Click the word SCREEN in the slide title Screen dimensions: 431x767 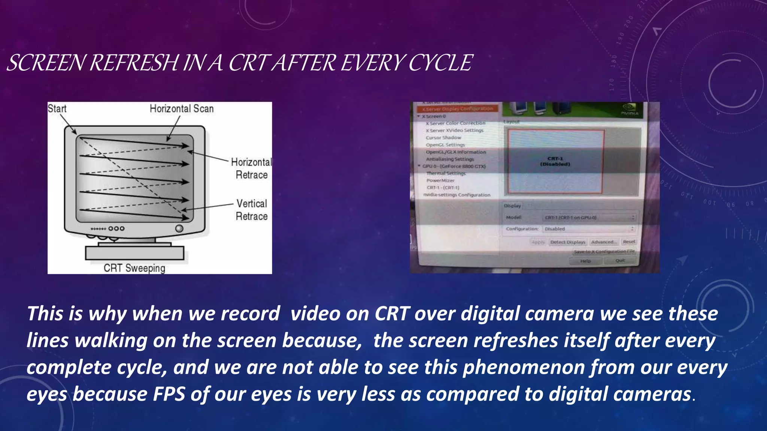click(x=47, y=62)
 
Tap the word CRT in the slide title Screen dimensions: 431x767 click(x=249, y=62)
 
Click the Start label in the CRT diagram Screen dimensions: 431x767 click(x=57, y=108)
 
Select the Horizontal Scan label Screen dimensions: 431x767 click(x=182, y=108)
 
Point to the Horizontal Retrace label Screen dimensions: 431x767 click(x=251, y=168)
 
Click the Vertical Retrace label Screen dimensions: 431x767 click(x=252, y=210)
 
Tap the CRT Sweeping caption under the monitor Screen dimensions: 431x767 click(x=134, y=268)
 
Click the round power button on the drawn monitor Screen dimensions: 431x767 click(x=179, y=228)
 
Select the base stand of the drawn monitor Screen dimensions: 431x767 click(x=134, y=253)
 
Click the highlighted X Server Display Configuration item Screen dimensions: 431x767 click(x=458, y=109)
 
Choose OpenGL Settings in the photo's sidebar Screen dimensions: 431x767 click(x=445, y=145)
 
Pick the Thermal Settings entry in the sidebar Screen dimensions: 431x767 click(x=446, y=173)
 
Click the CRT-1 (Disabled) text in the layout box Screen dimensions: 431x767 click(x=555, y=161)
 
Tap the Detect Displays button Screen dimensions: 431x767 click(x=568, y=242)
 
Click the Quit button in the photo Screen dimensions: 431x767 click(x=620, y=260)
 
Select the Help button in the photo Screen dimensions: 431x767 click(x=585, y=261)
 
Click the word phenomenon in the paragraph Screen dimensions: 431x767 click(x=524, y=367)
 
